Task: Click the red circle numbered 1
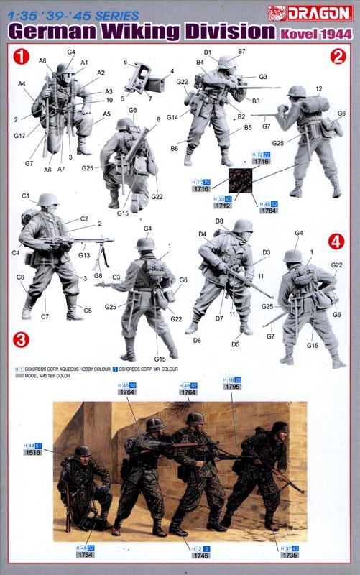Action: tap(22, 55)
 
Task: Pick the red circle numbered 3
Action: tap(22, 338)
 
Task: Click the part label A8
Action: tap(42, 61)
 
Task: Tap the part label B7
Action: tap(241, 52)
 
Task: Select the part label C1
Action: tap(25, 196)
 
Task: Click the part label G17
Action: tap(19, 135)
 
